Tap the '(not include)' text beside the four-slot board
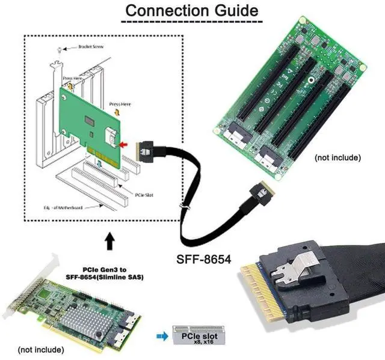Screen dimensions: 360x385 (x=337, y=157)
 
